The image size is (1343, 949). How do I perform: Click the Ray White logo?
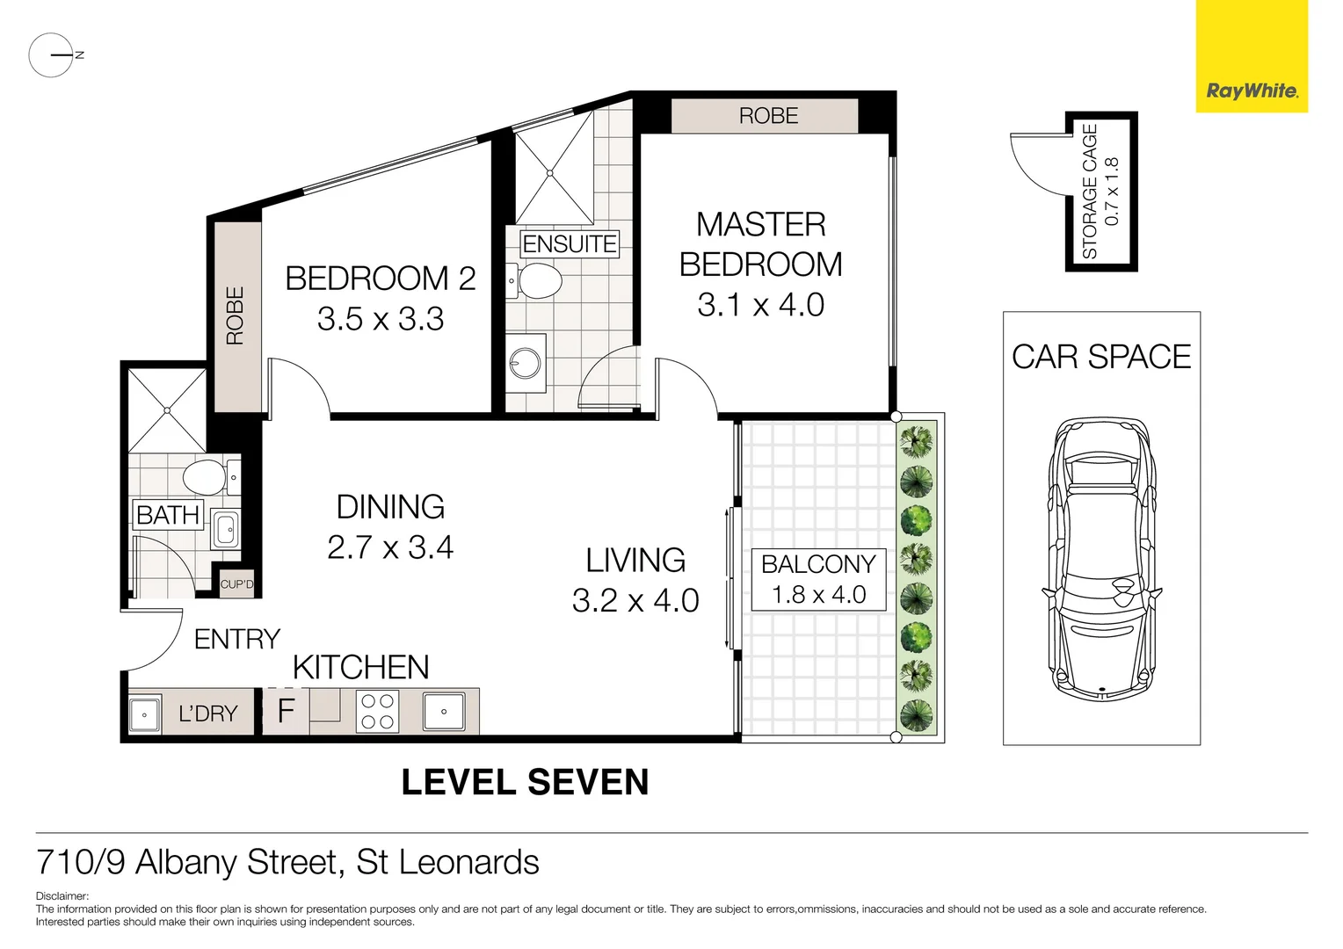click(1252, 91)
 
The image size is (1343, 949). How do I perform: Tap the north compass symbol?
click(52, 55)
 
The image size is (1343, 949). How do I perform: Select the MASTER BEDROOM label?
click(760, 244)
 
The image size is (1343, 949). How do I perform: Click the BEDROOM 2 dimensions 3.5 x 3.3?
click(381, 319)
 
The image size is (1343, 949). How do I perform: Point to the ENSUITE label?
click(570, 244)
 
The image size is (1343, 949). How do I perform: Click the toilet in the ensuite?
click(539, 282)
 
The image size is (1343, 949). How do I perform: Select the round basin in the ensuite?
click(526, 363)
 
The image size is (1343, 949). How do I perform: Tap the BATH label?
click(168, 515)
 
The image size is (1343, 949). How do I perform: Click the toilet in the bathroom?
click(205, 478)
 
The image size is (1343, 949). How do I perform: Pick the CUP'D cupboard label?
click(236, 584)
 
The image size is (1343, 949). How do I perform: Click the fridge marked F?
click(286, 711)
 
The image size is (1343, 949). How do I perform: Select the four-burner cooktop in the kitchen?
click(377, 711)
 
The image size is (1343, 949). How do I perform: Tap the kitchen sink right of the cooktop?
click(444, 711)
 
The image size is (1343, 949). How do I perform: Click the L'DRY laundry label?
click(208, 714)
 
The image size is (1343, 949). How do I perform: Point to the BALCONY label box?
click(818, 579)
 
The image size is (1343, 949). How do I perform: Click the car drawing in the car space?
click(1101, 559)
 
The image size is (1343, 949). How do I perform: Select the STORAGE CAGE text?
click(1090, 192)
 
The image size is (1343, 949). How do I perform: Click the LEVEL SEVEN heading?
click(525, 782)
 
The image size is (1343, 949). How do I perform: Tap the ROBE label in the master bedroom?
click(768, 116)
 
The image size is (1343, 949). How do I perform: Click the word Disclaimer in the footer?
click(62, 896)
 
